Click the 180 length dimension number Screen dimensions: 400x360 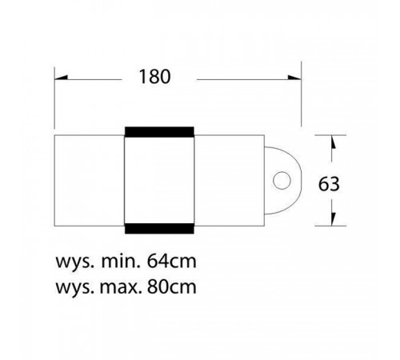(x=154, y=77)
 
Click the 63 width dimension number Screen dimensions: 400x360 (x=329, y=184)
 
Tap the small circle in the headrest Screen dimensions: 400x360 (x=282, y=181)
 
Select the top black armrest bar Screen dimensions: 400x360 (x=159, y=132)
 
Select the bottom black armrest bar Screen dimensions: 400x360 (x=159, y=229)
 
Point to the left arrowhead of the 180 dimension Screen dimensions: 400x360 (x=61, y=78)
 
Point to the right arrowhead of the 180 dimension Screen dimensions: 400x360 (x=294, y=78)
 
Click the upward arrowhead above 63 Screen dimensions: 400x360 (x=333, y=142)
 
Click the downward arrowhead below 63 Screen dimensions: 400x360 (x=333, y=219)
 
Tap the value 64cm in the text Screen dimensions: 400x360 (x=172, y=262)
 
